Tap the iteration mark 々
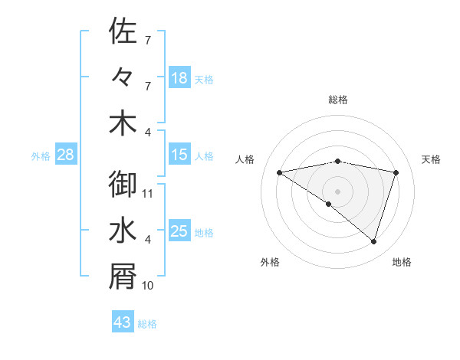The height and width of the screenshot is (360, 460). pos(123,77)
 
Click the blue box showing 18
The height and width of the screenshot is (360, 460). pos(179,79)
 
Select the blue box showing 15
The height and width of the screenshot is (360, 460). pos(179,155)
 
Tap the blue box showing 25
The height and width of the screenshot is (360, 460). pos(179,232)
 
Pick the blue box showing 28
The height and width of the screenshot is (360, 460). pos(65,155)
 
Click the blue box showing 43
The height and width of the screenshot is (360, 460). pos(123,323)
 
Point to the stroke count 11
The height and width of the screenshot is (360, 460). pos(149,194)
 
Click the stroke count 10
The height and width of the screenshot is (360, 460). pos(149,286)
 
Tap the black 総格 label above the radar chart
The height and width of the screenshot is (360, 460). pos(338,100)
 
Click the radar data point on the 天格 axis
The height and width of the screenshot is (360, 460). pos(396,172)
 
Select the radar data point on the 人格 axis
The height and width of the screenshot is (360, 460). pos(280,172)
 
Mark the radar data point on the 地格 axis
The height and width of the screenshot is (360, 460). pos(374,241)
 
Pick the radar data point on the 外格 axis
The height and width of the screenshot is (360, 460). pos(329,204)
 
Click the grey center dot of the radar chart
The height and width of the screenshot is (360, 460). pos(338,191)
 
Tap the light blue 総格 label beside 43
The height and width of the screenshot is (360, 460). pos(147,324)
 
